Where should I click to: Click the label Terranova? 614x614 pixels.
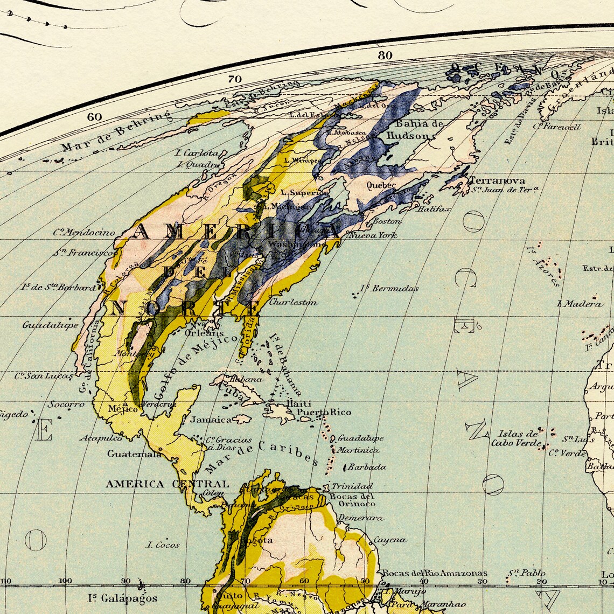click(x=497, y=180)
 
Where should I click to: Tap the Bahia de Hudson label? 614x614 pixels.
click(x=414, y=130)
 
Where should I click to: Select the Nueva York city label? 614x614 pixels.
click(x=373, y=235)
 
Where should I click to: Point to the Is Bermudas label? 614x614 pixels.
click(x=389, y=288)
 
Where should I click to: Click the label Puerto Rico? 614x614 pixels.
click(x=324, y=413)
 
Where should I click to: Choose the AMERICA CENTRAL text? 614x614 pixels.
click(x=167, y=484)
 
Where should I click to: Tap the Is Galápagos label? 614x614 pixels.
click(x=123, y=598)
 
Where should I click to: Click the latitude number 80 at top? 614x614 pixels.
click(x=385, y=55)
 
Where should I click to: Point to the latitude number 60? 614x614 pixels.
click(x=94, y=117)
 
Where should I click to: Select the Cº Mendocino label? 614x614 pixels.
click(x=84, y=233)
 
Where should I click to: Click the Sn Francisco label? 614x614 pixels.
click(x=83, y=253)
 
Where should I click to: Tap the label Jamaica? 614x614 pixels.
click(x=211, y=419)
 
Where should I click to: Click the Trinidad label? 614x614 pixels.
click(x=352, y=486)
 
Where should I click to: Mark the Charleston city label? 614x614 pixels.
click(x=293, y=302)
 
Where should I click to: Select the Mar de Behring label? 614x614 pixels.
click(x=116, y=131)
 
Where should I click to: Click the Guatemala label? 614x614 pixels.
click(x=134, y=453)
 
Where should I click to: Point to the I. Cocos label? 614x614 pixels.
click(x=163, y=545)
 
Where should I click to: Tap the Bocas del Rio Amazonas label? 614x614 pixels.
click(x=434, y=573)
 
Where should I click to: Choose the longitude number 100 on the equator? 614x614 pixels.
click(x=65, y=581)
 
